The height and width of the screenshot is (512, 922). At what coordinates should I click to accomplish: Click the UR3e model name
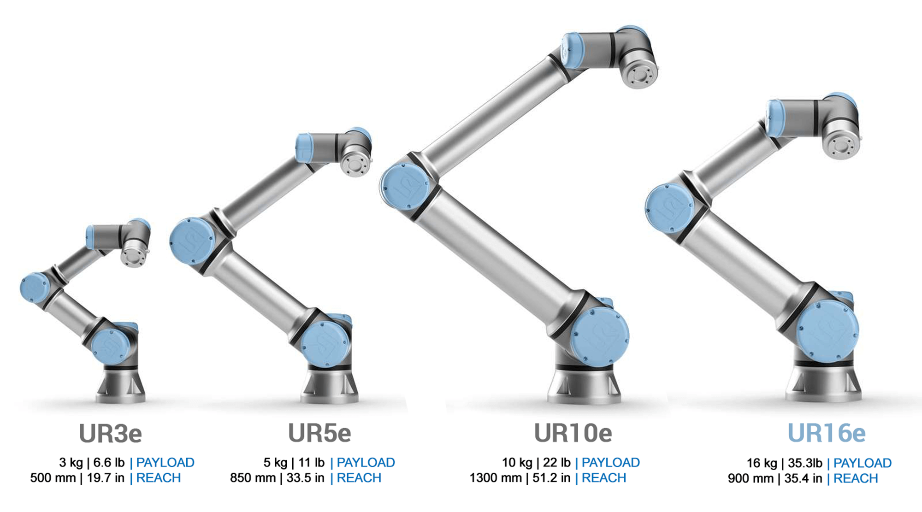(111, 433)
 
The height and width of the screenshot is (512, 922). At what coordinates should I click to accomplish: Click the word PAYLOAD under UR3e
(165, 462)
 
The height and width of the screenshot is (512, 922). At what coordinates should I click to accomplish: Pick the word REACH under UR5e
(359, 478)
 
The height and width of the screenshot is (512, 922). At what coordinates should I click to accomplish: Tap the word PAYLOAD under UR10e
(610, 462)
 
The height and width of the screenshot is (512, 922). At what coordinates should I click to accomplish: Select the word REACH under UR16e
(856, 478)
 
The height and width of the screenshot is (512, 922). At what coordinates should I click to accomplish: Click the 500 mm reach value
(53, 478)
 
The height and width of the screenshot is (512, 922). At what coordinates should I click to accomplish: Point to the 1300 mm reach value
(496, 478)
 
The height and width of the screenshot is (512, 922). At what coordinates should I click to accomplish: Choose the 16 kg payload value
(762, 463)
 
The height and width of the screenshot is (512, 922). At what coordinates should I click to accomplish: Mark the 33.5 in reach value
(305, 478)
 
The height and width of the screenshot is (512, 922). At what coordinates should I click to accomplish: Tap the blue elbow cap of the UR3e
(35, 288)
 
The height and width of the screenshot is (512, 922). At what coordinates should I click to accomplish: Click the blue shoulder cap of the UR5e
(325, 343)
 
